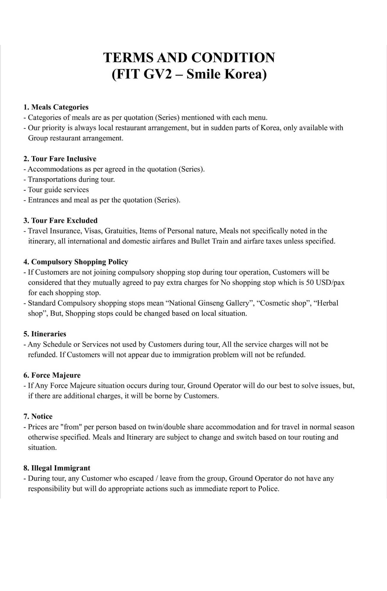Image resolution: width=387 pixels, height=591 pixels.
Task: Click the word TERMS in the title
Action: (x=128, y=58)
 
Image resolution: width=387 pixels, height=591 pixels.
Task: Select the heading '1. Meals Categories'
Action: (x=56, y=107)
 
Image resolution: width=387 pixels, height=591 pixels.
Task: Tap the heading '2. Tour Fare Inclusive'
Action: (x=60, y=159)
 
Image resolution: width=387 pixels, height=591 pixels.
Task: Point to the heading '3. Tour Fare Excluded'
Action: (x=60, y=221)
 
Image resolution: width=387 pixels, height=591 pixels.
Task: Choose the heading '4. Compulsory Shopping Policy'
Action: (x=76, y=262)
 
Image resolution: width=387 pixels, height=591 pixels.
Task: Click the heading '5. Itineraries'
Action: (x=45, y=334)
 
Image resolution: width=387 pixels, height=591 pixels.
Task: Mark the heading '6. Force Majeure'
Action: (x=52, y=376)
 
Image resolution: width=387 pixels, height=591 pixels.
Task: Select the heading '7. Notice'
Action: (x=38, y=417)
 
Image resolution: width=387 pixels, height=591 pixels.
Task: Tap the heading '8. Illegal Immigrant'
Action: (x=57, y=468)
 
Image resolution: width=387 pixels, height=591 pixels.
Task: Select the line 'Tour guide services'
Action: (x=58, y=190)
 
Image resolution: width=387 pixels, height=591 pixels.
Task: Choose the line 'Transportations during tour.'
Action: (x=71, y=180)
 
